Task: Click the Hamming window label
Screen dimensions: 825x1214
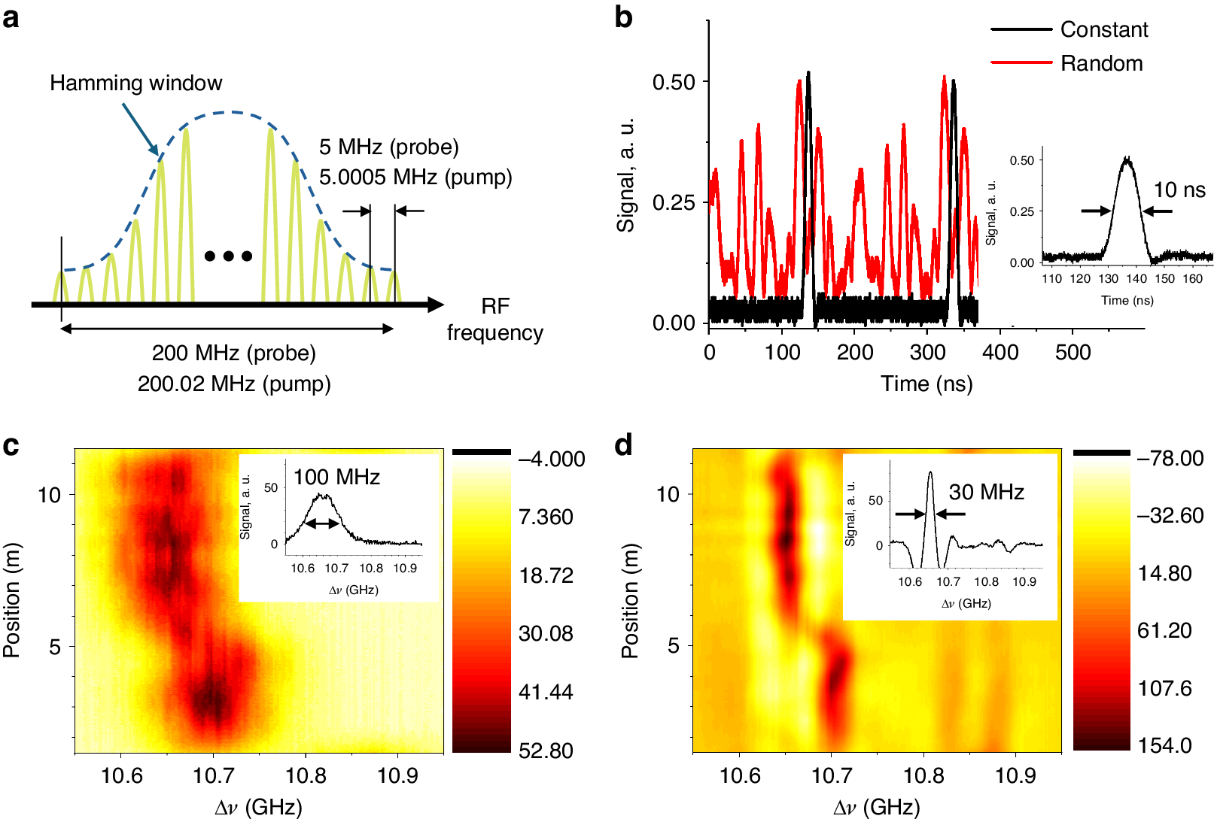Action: (x=135, y=83)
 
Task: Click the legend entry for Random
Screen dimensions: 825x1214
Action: (x=1100, y=63)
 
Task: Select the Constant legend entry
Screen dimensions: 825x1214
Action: (x=1103, y=29)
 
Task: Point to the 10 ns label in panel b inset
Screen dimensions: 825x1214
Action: (x=1179, y=190)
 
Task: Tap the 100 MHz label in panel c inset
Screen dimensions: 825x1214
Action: (x=336, y=477)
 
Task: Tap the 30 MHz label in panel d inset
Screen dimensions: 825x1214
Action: (x=986, y=492)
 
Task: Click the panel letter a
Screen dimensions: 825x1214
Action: (x=11, y=17)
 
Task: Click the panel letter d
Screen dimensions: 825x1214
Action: (x=623, y=445)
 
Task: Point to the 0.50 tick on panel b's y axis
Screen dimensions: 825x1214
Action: (x=674, y=82)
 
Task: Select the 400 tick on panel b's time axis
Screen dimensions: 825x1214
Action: (x=999, y=352)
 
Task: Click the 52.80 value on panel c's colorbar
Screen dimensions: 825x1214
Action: (x=546, y=751)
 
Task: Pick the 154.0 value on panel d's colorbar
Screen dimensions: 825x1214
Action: (x=1164, y=745)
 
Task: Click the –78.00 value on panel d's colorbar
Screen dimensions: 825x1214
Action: (x=1170, y=458)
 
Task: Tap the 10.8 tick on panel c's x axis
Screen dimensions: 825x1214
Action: (x=306, y=775)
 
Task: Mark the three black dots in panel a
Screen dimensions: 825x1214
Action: (x=228, y=256)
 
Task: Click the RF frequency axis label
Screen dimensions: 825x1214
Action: (x=494, y=319)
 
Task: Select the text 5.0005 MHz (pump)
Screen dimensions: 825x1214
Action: (x=415, y=177)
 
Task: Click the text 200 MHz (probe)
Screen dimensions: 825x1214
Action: (x=233, y=353)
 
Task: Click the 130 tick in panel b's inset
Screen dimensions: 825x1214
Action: (x=1108, y=279)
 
